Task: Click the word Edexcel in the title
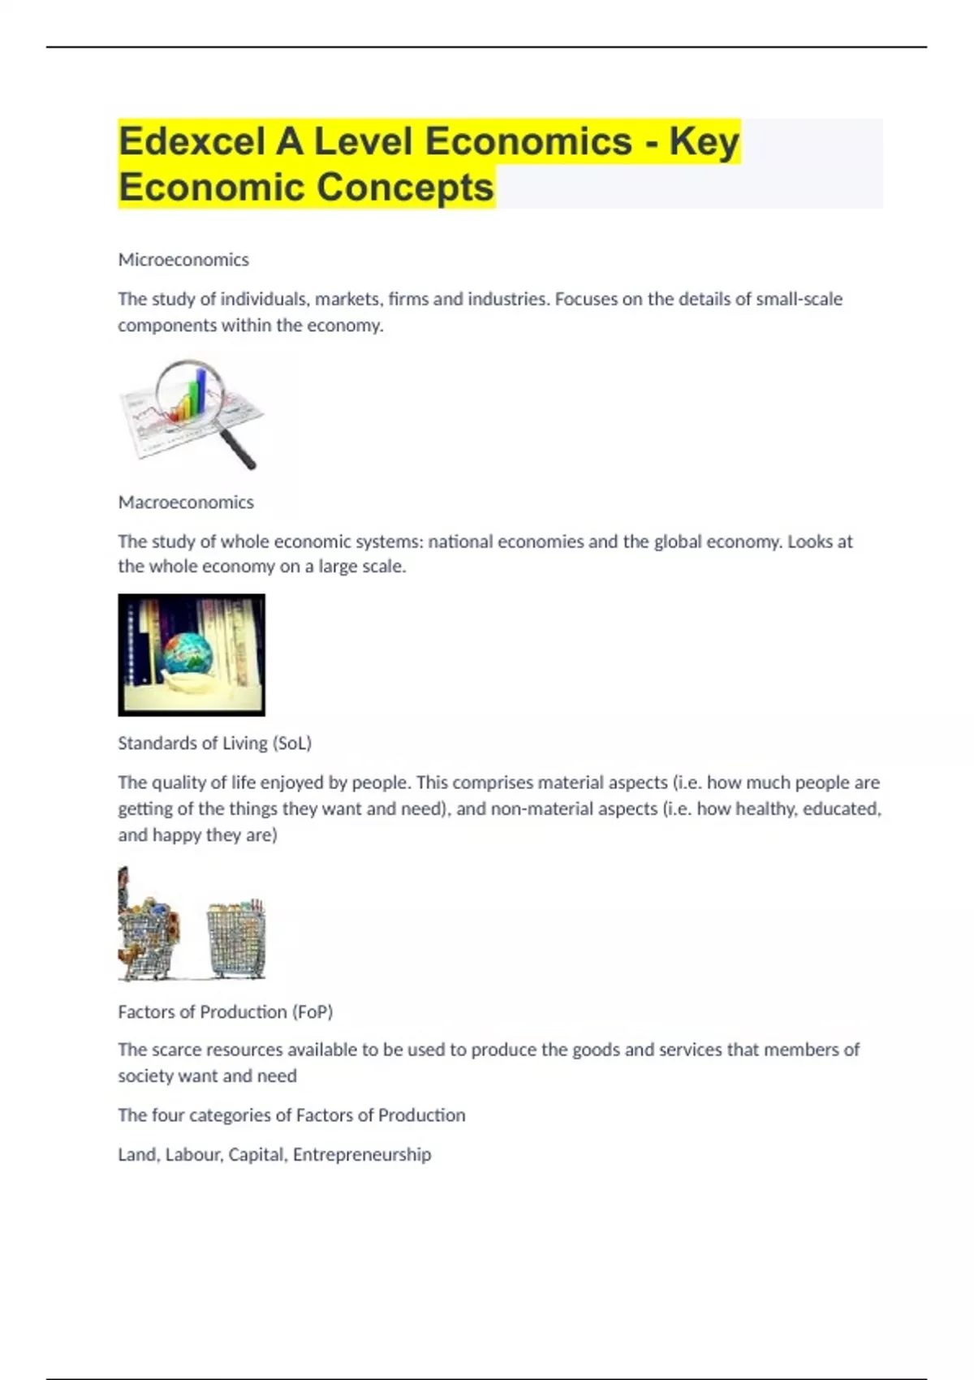click(x=192, y=141)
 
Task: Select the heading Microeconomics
click(x=183, y=260)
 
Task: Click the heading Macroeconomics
click(x=186, y=502)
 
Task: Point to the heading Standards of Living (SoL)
click(x=214, y=744)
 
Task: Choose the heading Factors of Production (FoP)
click(x=225, y=1012)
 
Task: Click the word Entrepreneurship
click(x=362, y=1154)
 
